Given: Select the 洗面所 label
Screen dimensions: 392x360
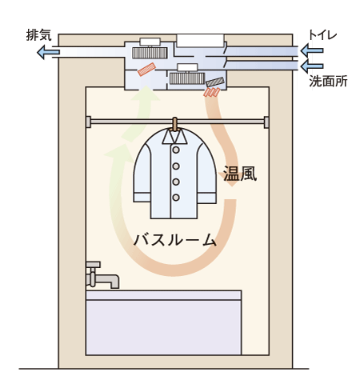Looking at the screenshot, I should pyautogui.click(x=328, y=81).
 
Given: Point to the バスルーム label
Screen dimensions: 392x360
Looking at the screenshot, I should pyautogui.click(x=176, y=238).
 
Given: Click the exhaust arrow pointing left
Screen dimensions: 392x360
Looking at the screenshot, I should pyautogui.click(x=47, y=53).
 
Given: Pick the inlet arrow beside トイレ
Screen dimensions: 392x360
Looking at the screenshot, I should pyautogui.click(x=312, y=51).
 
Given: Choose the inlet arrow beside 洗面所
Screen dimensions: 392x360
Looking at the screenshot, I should pyautogui.click(x=312, y=65).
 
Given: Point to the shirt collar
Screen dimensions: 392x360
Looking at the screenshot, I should pyautogui.click(x=175, y=136).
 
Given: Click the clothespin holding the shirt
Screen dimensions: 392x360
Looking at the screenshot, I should pyautogui.click(x=175, y=123).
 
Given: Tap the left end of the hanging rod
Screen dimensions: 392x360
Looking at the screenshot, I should pyautogui.click(x=89, y=122).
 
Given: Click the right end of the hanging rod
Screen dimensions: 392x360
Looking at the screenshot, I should pyautogui.click(x=263, y=122).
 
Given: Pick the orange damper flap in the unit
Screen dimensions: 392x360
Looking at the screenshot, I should pyautogui.click(x=146, y=70).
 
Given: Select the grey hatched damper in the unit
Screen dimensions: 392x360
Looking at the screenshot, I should pyautogui.click(x=215, y=82).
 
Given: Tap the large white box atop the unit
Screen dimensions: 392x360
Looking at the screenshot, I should pyautogui.click(x=199, y=39).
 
